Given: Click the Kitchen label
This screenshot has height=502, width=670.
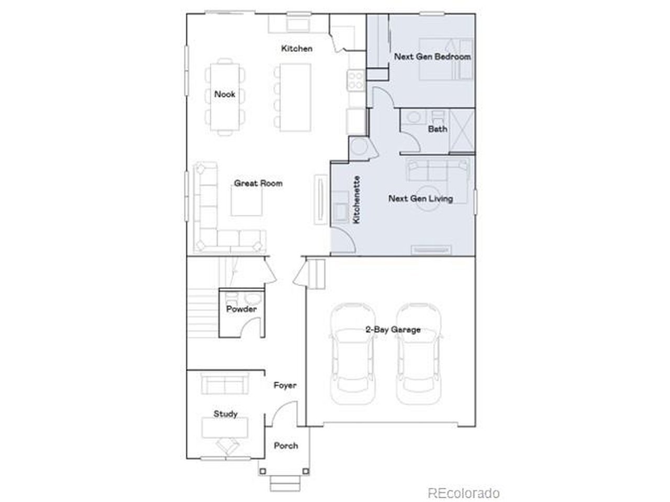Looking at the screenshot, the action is click(296, 49).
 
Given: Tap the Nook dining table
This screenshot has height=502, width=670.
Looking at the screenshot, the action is click(225, 97).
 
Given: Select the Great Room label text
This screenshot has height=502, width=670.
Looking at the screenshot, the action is click(258, 184).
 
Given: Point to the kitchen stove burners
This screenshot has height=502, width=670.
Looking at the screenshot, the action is click(356, 80).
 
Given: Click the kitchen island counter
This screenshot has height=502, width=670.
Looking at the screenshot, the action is click(295, 98).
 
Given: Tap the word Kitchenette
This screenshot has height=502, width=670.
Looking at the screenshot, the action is click(356, 200).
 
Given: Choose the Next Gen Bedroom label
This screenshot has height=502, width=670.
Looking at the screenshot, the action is click(432, 56).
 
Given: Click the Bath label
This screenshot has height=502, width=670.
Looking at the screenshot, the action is click(438, 129).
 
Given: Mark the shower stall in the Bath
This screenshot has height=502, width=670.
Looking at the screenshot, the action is click(462, 131).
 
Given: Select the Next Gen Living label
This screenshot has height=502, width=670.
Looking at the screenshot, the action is click(420, 199).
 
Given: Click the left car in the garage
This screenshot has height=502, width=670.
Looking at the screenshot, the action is click(353, 354).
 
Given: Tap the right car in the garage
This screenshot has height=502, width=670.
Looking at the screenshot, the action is click(418, 354).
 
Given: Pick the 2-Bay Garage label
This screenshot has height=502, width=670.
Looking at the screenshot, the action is click(393, 329).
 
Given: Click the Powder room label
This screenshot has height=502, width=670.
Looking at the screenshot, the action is click(241, 309).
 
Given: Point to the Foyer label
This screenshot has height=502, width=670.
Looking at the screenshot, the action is click(285, 385).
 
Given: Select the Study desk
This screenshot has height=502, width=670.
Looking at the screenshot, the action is click(225, 428).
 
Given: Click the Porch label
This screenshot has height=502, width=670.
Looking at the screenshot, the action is click(286, 446).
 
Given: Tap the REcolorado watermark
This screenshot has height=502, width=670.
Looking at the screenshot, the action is click(463, 493).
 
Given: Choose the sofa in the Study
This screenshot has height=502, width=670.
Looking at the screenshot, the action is click(225, 383).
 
